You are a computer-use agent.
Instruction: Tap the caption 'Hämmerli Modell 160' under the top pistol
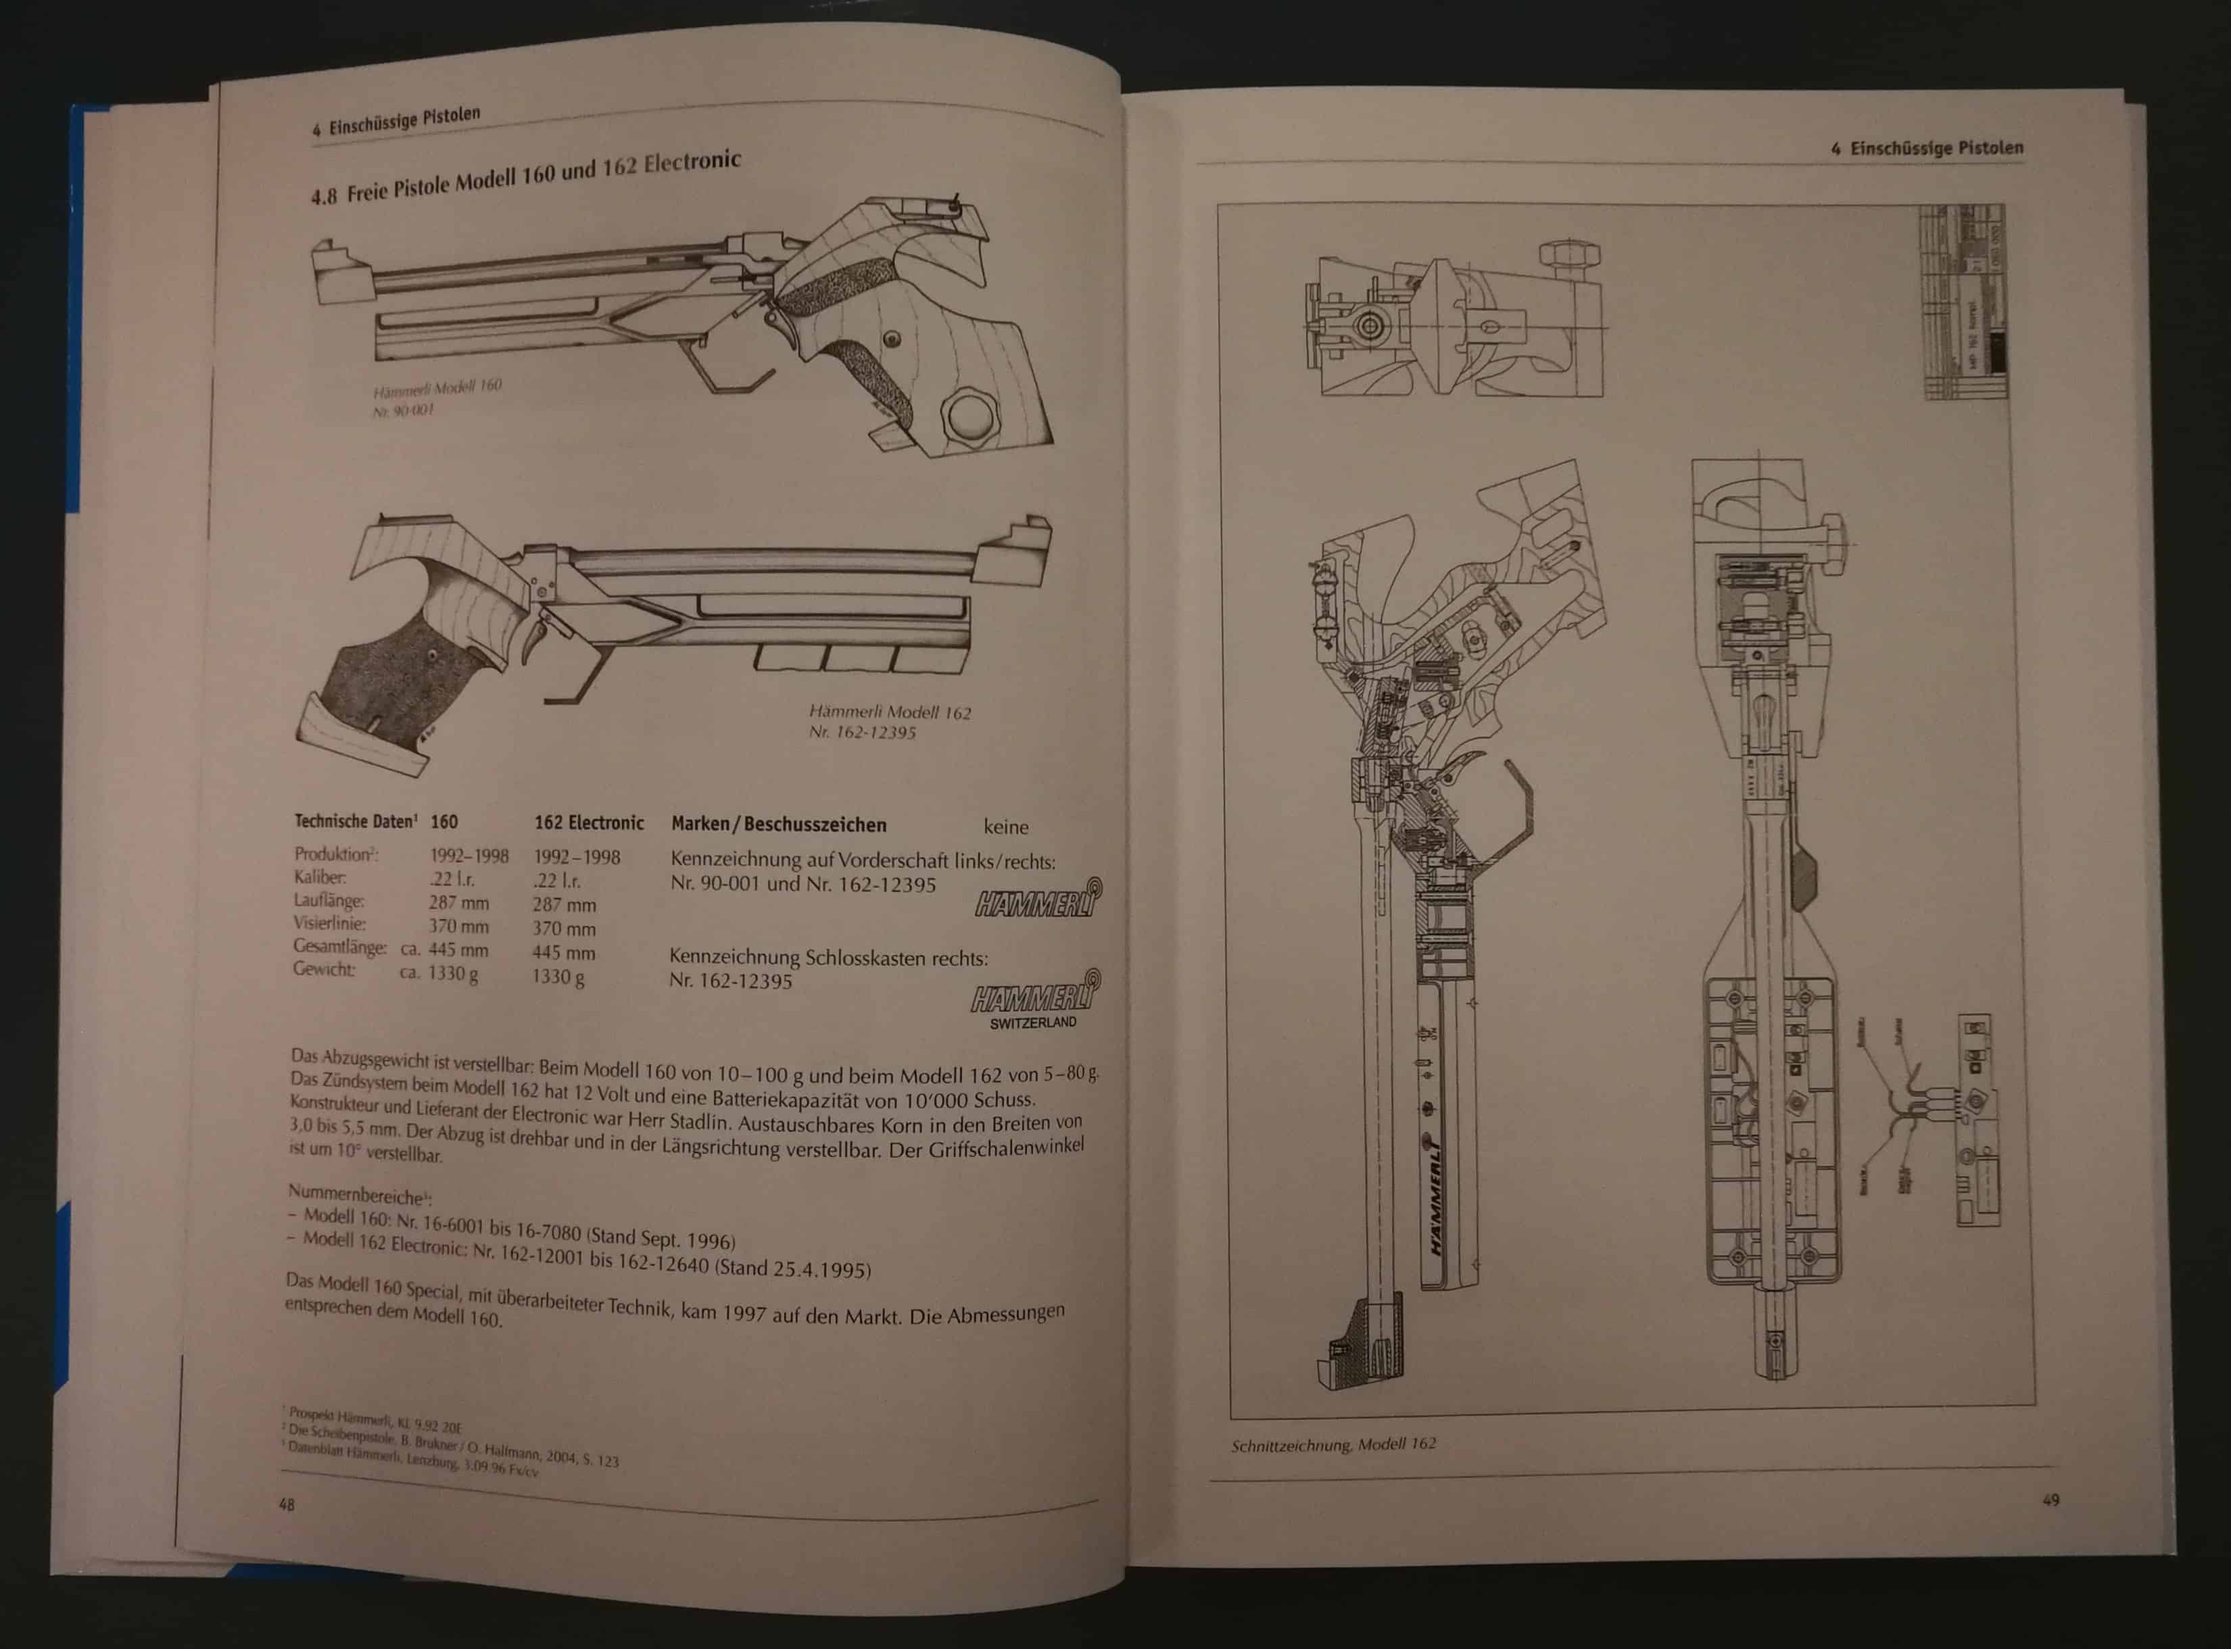click(437, 387)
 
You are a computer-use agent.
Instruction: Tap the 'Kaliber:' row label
click(320, 877)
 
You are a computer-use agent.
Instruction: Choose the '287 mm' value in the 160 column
click(458, 902)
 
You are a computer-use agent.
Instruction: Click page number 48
click(287, 1504)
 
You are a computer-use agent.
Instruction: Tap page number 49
click(2050, 1499)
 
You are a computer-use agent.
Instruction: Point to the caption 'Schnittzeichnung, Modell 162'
click(1333, 1444)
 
